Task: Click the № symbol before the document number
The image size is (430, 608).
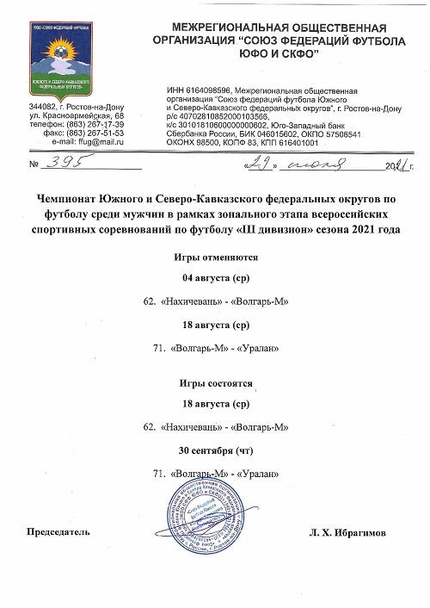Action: [34, 164]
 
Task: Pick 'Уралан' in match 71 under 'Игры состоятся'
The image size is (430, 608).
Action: [257, 473]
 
